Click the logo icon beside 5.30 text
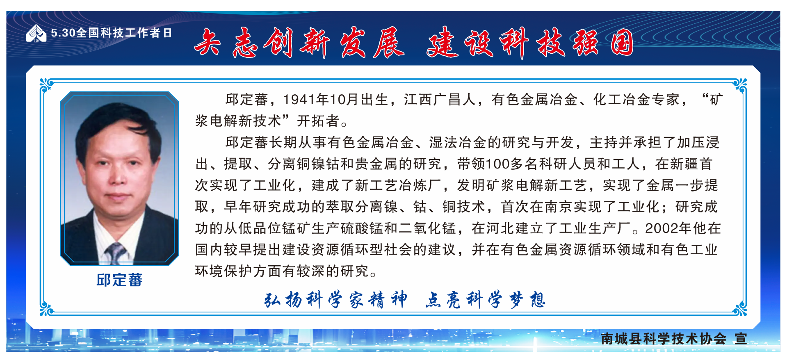[36, 33]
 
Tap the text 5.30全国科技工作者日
[111, 33]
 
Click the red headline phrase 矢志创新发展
[299, 43]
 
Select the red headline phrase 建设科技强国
[530, 43]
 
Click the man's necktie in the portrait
[116, 253]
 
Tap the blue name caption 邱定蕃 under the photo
[119, 280]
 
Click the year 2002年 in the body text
[668, 228]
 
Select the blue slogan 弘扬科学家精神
[336, 300]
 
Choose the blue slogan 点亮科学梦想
[485, 300]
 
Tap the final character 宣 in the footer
[741, 339]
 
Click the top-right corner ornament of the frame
[739, 85]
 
